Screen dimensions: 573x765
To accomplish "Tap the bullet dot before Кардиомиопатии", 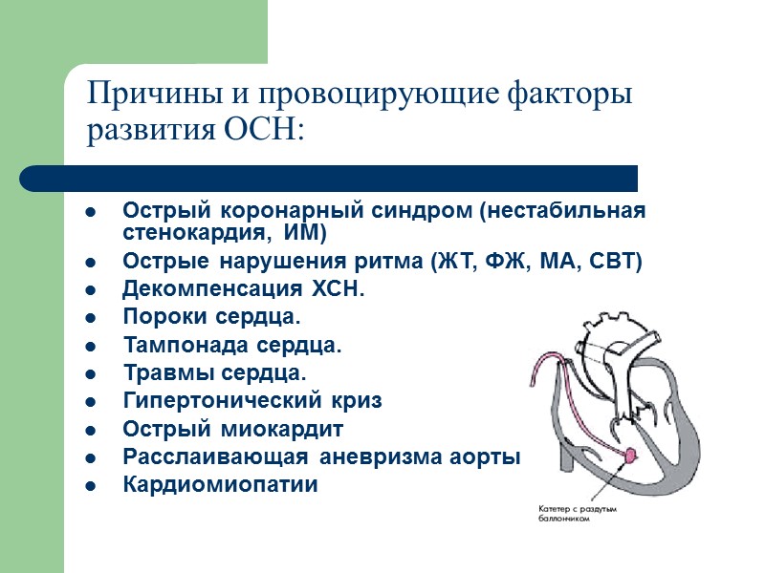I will (x=90, y=485).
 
